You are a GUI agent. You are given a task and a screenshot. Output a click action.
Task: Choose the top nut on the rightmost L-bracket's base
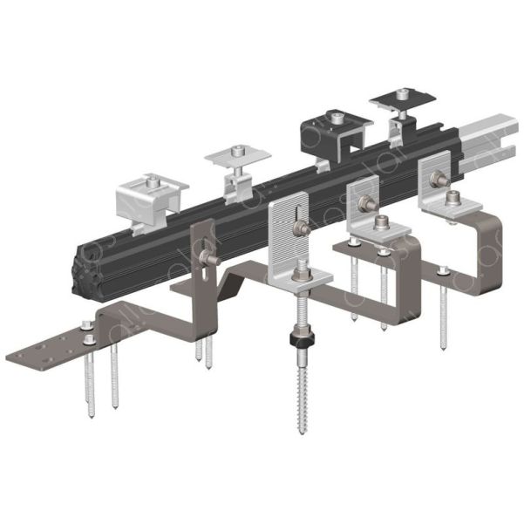453,201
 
